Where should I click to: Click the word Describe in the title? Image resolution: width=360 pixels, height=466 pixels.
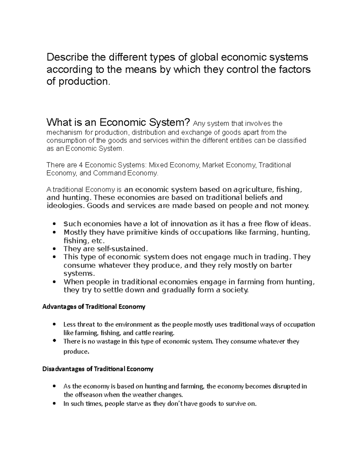tap(64, 57)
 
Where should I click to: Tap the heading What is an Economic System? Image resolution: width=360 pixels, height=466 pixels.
tap(118, 122)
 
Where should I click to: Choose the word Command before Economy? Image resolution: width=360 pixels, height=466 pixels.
tap(109, 173)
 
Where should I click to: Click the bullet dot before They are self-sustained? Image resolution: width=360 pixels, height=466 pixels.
tap(54, 249)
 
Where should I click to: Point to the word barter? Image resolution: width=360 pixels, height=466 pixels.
tap(279, 265)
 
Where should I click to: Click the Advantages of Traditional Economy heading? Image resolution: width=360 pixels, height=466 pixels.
tap(94, 307)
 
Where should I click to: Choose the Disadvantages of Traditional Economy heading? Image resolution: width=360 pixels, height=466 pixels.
tap(98, 369)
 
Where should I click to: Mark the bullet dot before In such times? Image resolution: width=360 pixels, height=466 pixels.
tap(54, 404)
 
